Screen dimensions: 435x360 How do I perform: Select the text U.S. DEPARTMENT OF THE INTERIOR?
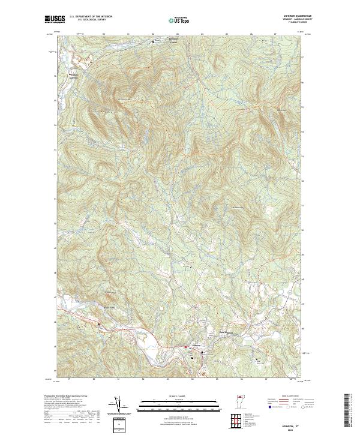tap(92, 17)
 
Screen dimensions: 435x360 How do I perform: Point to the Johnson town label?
tap(196, 346)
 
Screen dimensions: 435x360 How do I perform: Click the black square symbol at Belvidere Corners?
tap(153, 42)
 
